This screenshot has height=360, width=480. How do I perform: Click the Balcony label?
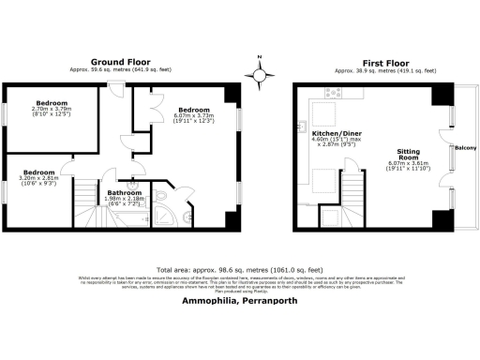466,148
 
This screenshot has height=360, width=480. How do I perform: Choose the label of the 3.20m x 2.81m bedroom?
39,172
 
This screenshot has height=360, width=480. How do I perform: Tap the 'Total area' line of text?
240,267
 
